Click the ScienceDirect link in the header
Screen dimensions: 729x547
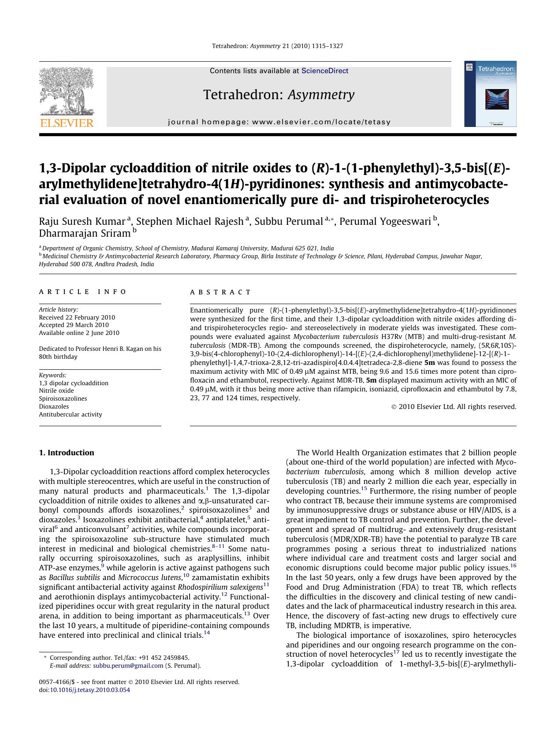pyautogui.click(x=324, y=71)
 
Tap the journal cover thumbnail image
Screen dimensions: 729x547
pyautogui.click(x=490, y=94)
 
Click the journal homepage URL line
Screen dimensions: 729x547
pyautogui.click(x=279, y=122)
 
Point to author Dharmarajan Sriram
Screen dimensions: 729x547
pyautogui.click(x=85, y=233)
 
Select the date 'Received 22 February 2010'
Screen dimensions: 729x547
pyautogui.click(x=77, y=317)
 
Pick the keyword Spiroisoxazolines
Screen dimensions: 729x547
pyautogui.click(x=63, y=398)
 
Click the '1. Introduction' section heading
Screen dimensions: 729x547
pyautogui.click(x=67, y=453)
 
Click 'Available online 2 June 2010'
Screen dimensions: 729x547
pyautogui.click(x=79, y=333)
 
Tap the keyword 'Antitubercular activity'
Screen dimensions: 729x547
pyautogui.click(x=70, y=414)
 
